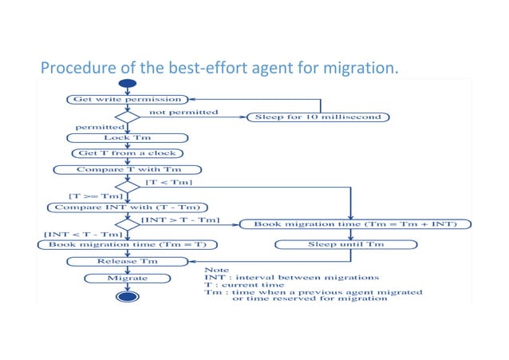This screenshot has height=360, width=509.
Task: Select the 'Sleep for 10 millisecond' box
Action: [320, 117]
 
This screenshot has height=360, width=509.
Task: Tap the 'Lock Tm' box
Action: [128, 137]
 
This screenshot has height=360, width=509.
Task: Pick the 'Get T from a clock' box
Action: [128, 152]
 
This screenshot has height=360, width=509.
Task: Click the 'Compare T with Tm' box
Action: [128, 169]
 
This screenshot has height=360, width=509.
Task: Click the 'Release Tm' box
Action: [128, 261]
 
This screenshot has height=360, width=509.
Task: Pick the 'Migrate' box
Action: [128, 278]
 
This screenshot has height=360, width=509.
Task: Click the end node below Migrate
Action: [128, 297]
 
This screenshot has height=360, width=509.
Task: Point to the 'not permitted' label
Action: [184, 113]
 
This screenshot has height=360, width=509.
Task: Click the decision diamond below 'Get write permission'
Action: [128, 117]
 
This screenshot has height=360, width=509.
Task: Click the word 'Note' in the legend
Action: [217, 269]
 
